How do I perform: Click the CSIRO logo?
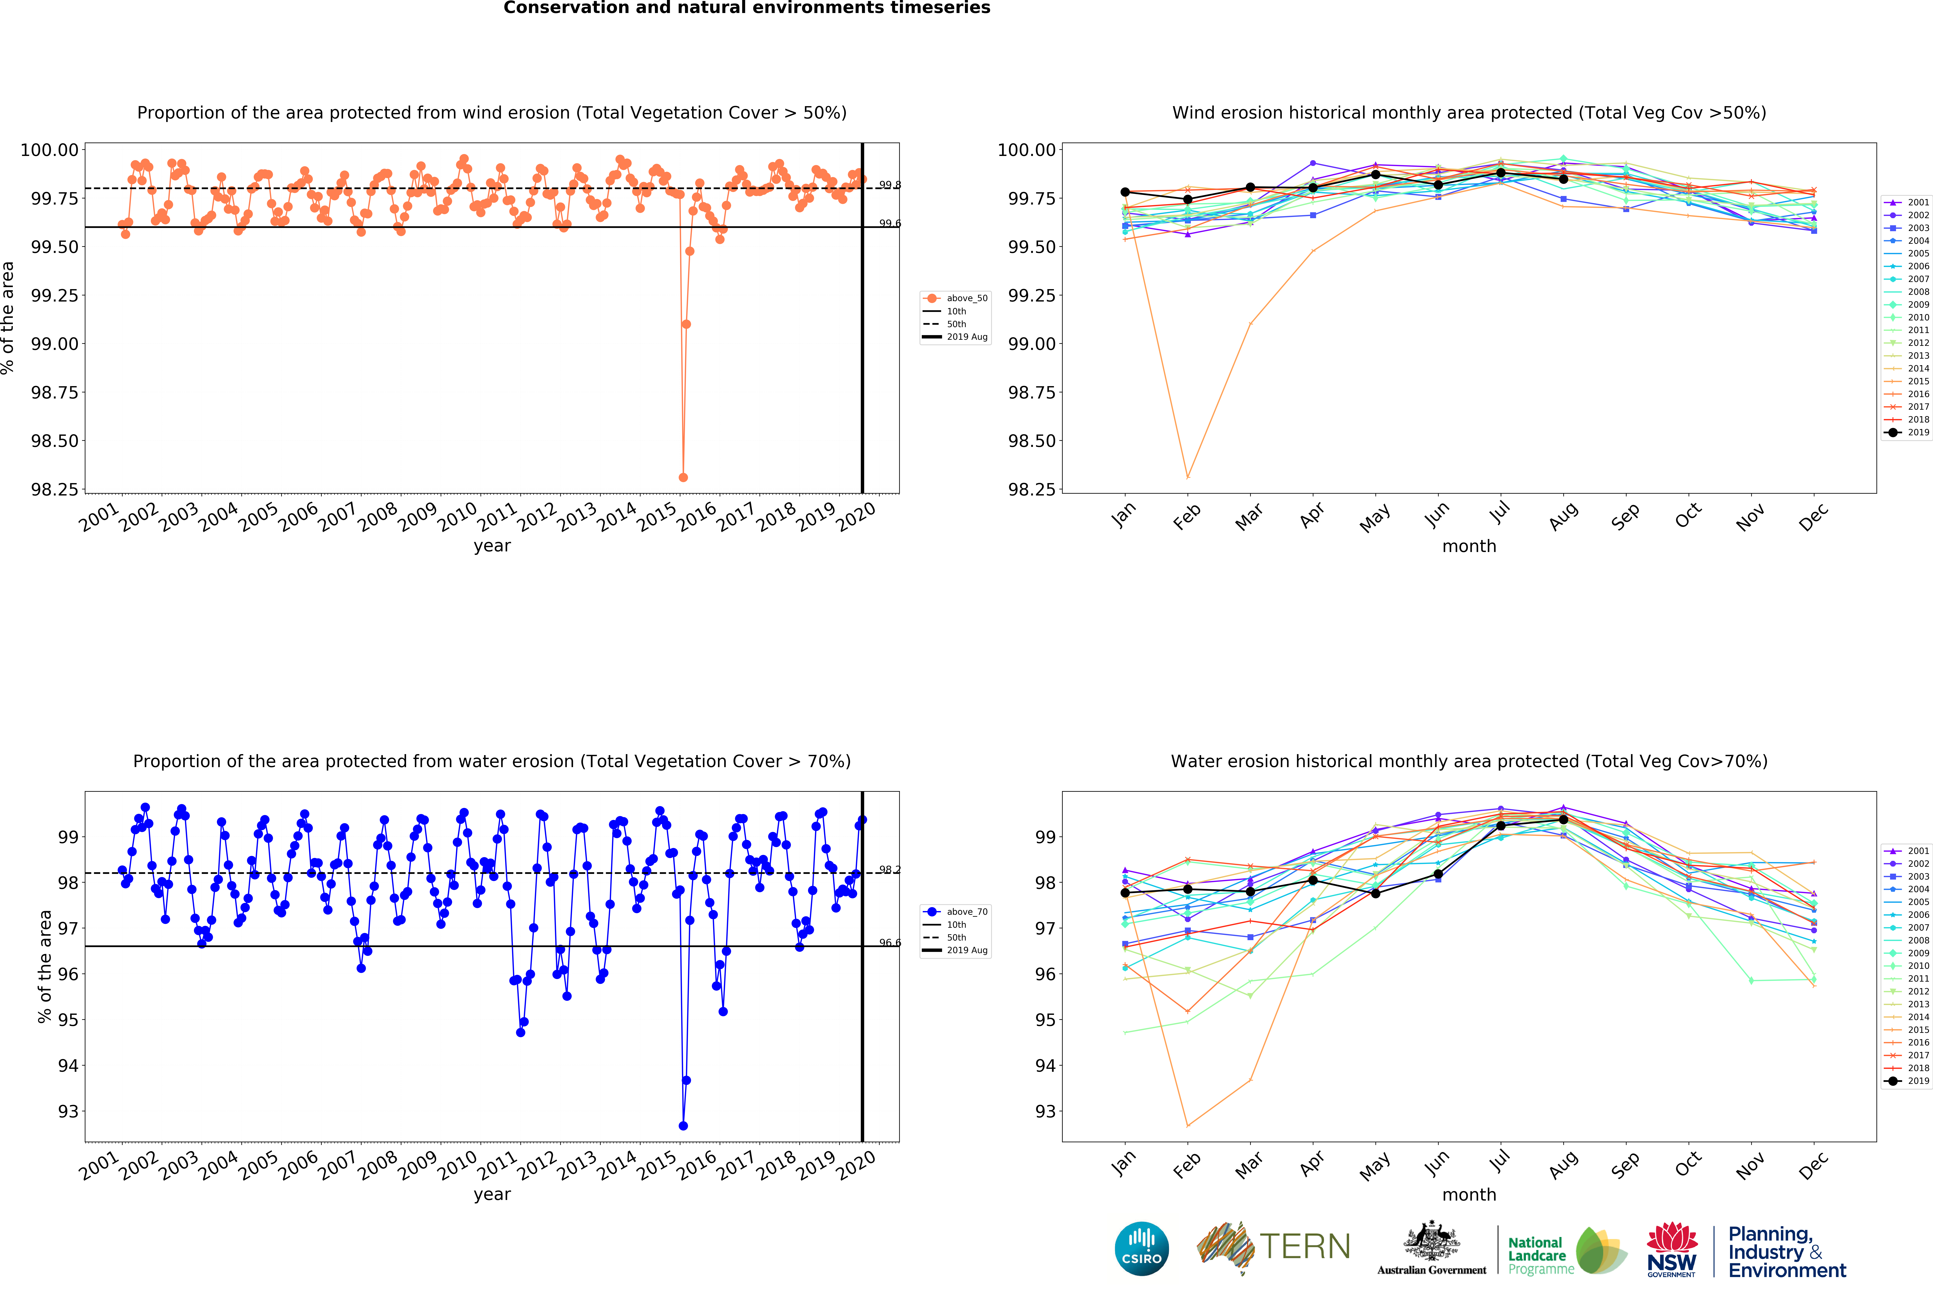tap(1142, 1248)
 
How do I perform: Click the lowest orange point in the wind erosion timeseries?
tap(683, 477)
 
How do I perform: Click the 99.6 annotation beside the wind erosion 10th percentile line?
tap(890, 224)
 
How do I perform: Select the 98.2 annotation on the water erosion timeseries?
tap(890, 870)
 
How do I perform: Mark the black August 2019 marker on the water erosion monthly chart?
tap(1564, 819)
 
